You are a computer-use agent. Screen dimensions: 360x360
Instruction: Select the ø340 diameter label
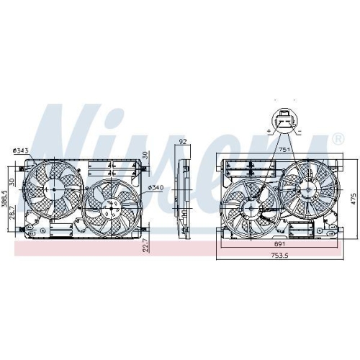click(157, 189)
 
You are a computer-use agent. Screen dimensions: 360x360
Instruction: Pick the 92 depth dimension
click(182, 141)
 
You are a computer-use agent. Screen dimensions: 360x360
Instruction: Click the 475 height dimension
click(354, 197)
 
